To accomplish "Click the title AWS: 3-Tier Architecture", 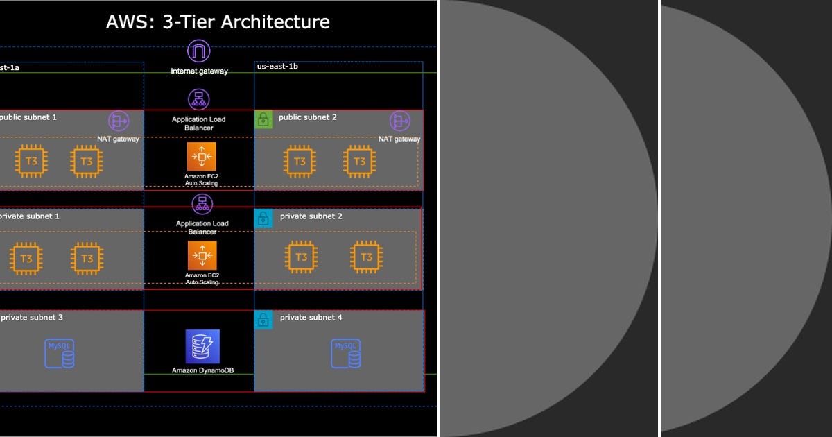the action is point(218,22).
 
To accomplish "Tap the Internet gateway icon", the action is point(199,51).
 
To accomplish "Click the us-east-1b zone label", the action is point(277,66).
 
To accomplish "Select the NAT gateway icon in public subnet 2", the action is point(400,121).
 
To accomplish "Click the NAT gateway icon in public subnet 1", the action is point(119,121).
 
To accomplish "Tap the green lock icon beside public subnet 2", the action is point(263,119).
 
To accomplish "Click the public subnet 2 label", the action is point(308,117).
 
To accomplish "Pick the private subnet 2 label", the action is point(311,216).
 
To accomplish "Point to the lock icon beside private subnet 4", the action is point(263,320).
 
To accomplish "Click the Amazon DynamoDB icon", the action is point(202,346).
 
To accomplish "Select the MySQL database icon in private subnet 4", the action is point(346,353).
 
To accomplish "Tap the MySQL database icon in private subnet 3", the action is point(60,353).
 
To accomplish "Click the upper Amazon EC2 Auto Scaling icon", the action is point(202,157).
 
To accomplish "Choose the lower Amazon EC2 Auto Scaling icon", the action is point(202,255).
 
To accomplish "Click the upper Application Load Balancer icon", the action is point(199,99).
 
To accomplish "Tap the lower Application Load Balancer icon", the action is point(202,204).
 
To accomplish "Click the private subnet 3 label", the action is point(32,318).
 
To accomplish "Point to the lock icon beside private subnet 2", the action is point(263,218).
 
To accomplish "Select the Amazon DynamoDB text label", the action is point(202,370).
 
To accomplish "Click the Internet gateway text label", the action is point(200,71).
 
